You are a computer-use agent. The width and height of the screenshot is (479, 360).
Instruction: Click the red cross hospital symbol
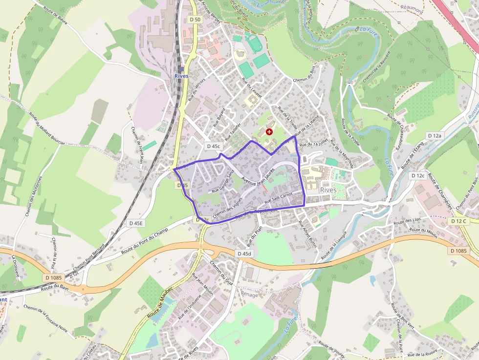click(x=269, y=132)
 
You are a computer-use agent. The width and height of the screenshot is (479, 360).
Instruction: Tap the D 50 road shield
click(x=195, y=20)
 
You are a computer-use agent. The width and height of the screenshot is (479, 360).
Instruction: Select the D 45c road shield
click(x=214, y=146)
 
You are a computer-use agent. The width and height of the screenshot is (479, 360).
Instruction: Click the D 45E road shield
click(x=136, y=223)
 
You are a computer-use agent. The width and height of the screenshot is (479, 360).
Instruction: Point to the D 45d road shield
click(x=244, y=254)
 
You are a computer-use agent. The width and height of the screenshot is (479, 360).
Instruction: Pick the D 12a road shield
click(x=434, y=135)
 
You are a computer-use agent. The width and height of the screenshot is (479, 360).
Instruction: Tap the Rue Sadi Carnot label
click(x=278, y=198)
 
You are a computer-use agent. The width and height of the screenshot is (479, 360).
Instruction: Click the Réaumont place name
click(x=412, y=7)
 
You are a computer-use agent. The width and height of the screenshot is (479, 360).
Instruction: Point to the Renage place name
click(x=249, y=294)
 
